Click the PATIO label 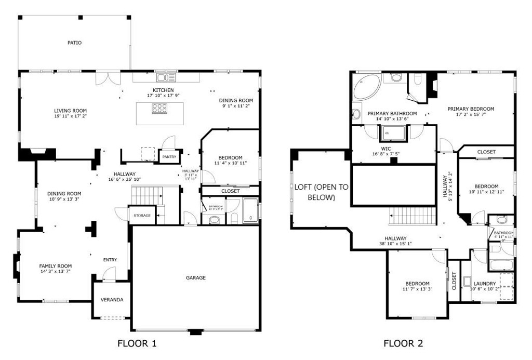click(74, 43)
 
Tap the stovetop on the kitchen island click(159, 109)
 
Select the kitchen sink click(167, 78)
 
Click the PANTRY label click(169, 156)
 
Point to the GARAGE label click(196, 278)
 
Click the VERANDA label click(112, 300)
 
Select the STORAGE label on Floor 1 click(142, 216)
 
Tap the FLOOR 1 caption click(137, 343)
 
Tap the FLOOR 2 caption click(403, 343)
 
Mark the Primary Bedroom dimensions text click(471, 115)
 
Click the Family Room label click(56, 266)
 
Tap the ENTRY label click(110, 260)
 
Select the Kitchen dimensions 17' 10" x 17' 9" click(163, 96)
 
